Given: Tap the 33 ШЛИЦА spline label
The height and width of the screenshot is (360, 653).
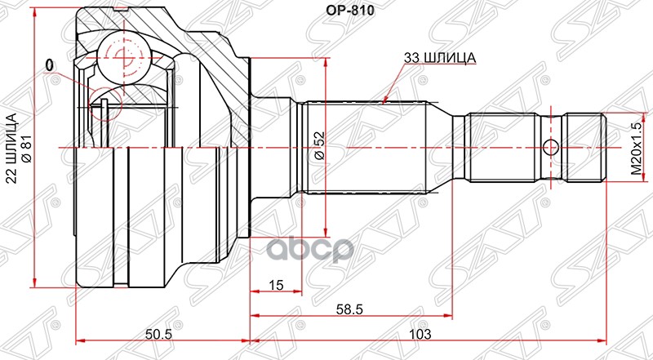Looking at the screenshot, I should click(439, 58).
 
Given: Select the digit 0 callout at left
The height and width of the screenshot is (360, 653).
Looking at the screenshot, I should click(50, 64).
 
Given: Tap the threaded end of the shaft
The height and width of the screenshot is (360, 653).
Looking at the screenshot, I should click(586, 148).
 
